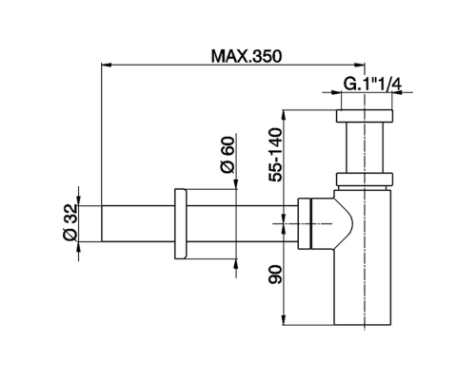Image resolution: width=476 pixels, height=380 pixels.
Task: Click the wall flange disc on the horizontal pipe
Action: pos(181,224)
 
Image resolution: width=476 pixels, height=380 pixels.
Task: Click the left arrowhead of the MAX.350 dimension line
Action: pos(105,65)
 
